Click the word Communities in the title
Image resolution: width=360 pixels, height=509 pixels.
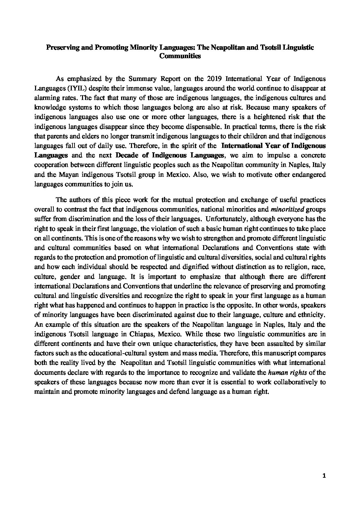tap(180, 56)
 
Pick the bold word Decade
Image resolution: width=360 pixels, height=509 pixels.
tap(126, 155)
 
